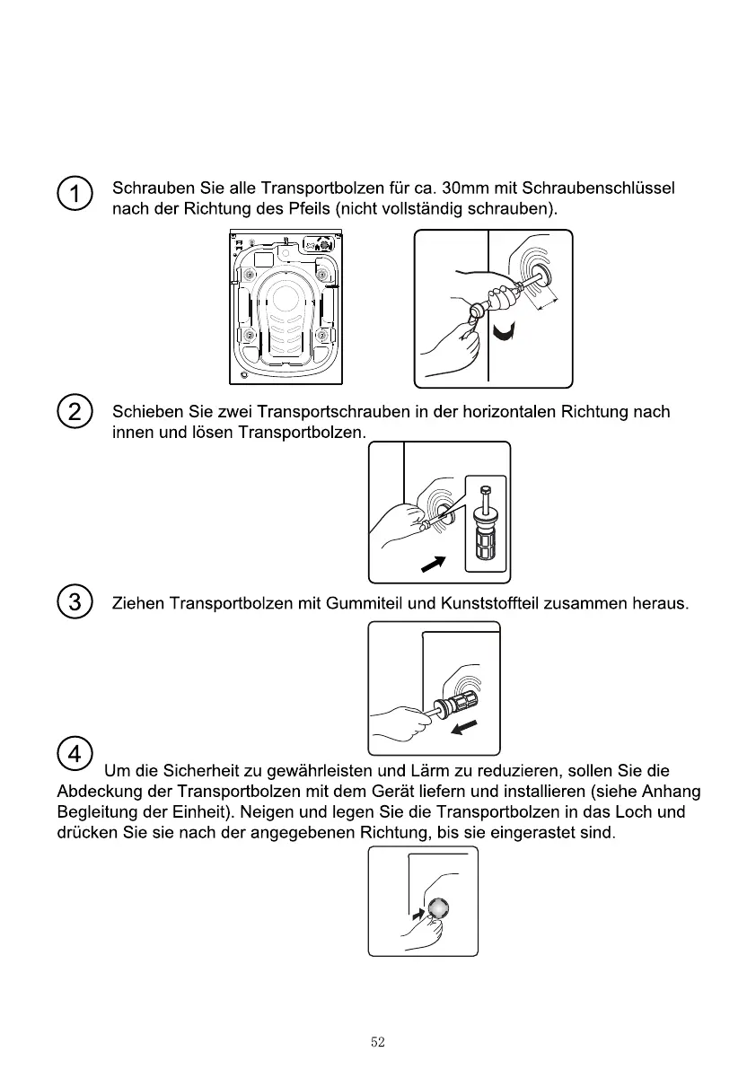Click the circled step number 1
point(74,193)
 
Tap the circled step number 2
point(74,412)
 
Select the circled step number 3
point(74,602)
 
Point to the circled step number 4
point(74,756)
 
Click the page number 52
point(377,1042)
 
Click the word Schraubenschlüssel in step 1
point(598,188)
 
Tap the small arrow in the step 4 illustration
point(416,916)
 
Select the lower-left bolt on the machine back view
point(250,336)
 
